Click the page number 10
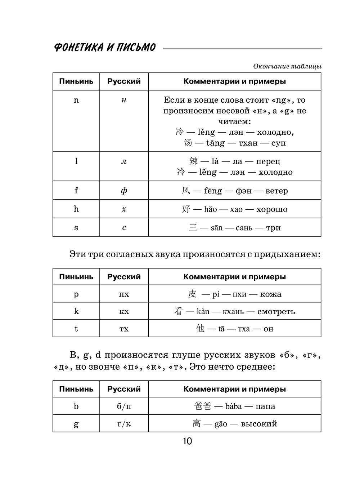pyautogui.click(x=187, y=441)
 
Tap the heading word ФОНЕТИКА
pyautogui.click(x=77, y=48)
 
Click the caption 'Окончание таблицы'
pyautogui.click(x=287, y=66)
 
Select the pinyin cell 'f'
pyautogui.click(x=76, y=190)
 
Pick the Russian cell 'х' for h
pyautogui.click(x=124, y=209)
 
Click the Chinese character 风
pyautogui.click(x=186, y=190)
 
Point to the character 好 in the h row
pyautogui.click(x=186, y=209)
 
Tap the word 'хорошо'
pyautogui.click(x=272, y=209)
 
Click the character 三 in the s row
pyautogui.click(x=193, y=228)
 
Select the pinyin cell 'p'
pyautogui.click(x=76, y=294)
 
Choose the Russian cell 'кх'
pyautogui.click(x=124, y=311)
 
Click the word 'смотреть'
pyautogui.click(x=276, y=311)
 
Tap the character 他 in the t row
pyautogui.click(x=200, y=328)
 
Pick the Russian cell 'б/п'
pyautogui.click(x=124, y=406)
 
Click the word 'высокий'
pyautogui.click(x=259, y=424)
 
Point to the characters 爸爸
pyautogui.click(x=202, y=406)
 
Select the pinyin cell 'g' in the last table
pyautogui.click(x=76, y=424)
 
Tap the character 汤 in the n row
pyautogui.click(x=188, y=143)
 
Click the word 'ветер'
pyautogui.click(x=276, y=191)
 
